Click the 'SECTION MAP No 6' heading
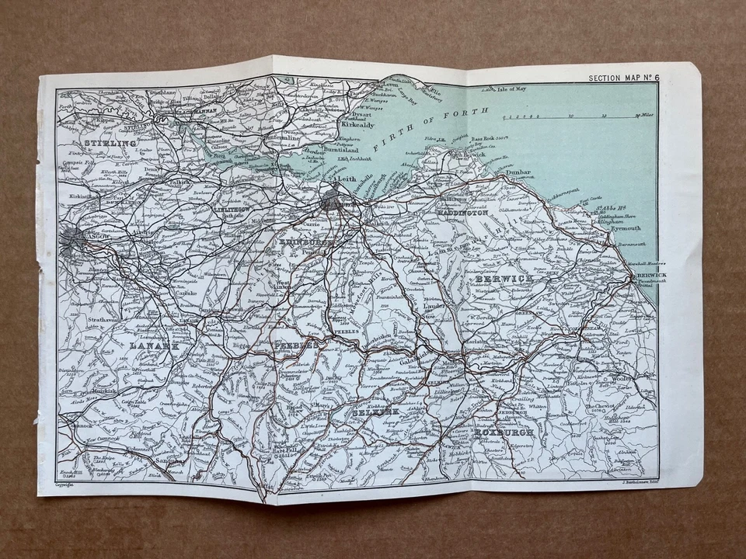[622, 78]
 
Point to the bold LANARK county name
[155, 344]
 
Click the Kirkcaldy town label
[358, 123]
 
